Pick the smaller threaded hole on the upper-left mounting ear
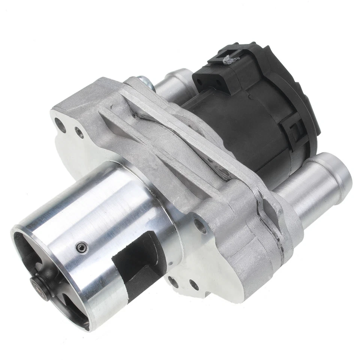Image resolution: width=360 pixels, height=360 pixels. click(x=79, y=132)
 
